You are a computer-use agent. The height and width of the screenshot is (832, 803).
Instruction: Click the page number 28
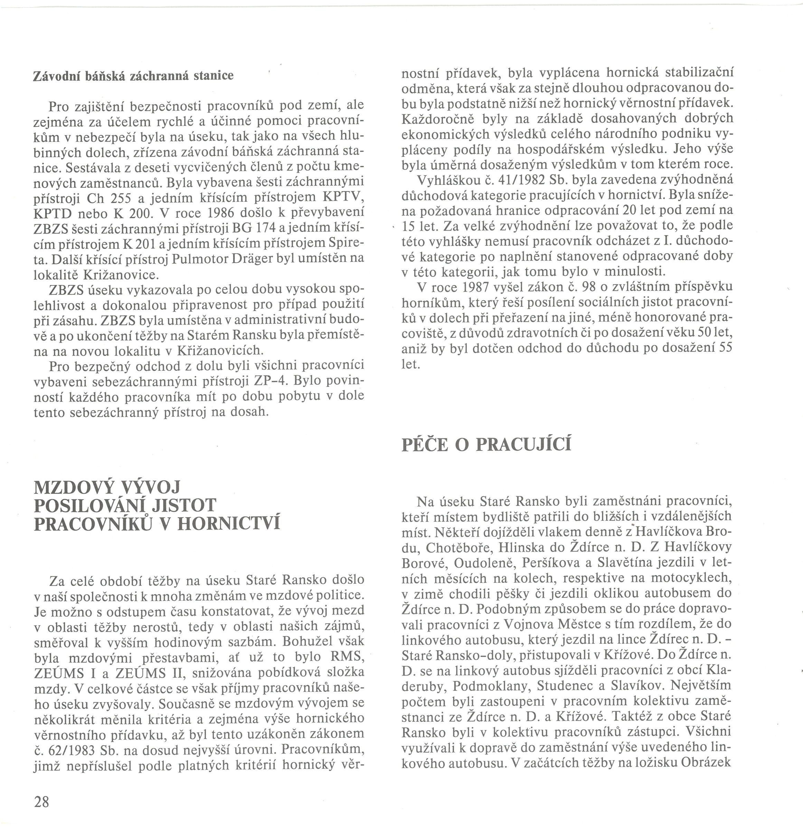point(41,802)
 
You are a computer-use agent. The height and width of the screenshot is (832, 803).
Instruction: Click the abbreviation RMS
point(347,657)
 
